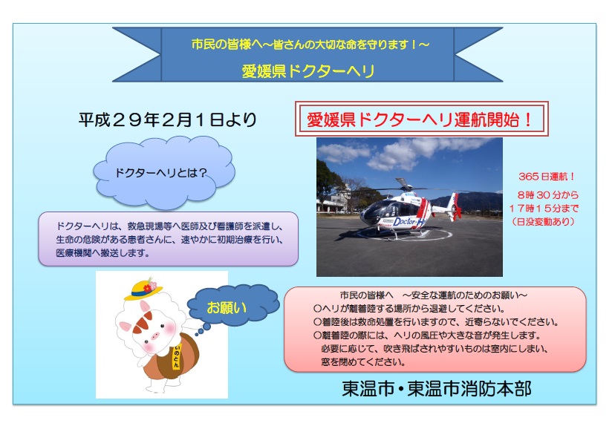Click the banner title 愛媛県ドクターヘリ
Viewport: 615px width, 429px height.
click(308, 71)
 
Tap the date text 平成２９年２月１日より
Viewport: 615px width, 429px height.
click(167, 119)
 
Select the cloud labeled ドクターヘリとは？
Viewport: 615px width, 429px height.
click(164, 172)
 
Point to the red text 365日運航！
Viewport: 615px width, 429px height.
click(547, 177)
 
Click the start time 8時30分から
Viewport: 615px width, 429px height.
click(547, 194)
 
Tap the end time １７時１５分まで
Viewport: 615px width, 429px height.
click(544, 208)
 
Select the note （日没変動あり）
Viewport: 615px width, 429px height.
click(544, 222)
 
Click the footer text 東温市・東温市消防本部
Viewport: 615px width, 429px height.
click(437, 389)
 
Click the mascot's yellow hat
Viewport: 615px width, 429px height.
click(143, 289)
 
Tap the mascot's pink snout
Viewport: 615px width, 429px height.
click(156, 336)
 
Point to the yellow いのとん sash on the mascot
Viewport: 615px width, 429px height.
click(177, 356)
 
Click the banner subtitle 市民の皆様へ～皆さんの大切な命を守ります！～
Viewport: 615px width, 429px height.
click(310, 45)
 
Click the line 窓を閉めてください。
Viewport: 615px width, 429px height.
click(363, 361)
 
